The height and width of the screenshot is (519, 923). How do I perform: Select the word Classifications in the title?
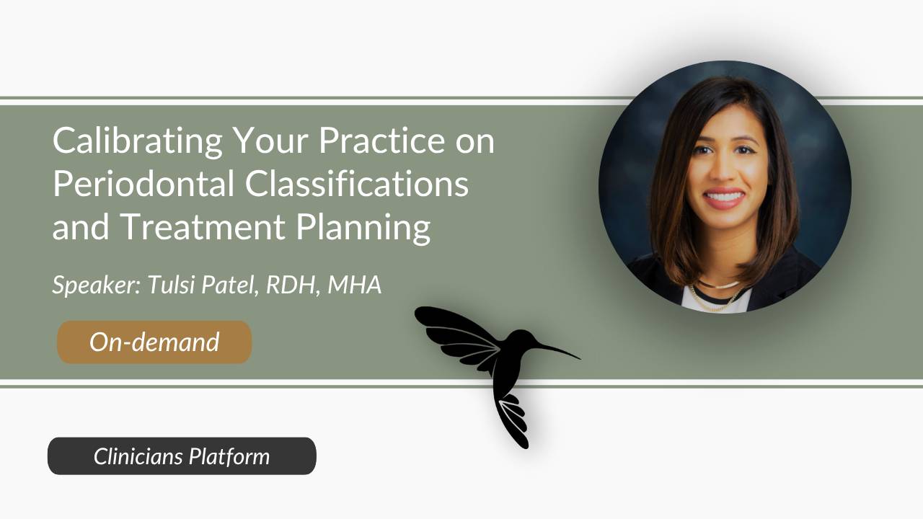point(357,185)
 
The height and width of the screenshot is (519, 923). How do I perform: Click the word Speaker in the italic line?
point(86,285)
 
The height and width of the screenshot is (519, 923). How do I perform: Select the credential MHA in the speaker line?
point(354,285)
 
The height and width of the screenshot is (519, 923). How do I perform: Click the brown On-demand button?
point(154,342)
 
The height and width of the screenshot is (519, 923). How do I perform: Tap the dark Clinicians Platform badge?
point(182,456)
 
